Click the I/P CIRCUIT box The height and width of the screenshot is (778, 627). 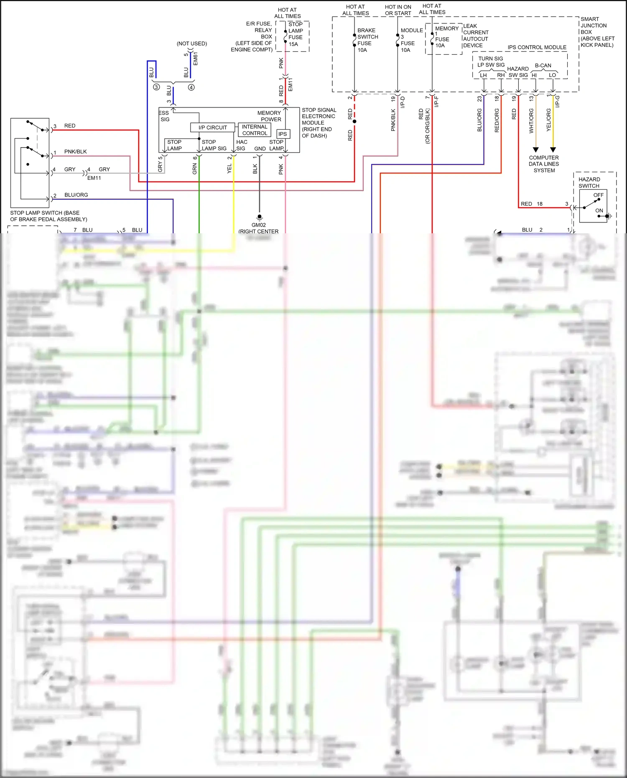(212, 128)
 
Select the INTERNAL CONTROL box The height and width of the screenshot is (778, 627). (254, 130)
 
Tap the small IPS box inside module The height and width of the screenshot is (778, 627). (283, 134)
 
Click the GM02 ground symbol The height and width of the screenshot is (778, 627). (259, 217)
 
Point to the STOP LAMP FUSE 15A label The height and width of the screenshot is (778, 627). (296, 34)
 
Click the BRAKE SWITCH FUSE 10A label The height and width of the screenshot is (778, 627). (367, 40)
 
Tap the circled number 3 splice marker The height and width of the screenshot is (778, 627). (156, 87)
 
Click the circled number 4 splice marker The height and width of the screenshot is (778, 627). (191, 87)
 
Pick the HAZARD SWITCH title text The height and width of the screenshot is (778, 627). (589, 182)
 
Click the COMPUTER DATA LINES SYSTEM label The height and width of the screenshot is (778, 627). (544, 164)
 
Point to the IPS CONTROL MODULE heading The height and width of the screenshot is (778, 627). (537, 47)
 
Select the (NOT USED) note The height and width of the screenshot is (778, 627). (191, 43)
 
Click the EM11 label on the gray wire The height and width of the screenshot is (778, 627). (94, 178)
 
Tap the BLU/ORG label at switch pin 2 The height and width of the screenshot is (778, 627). (76, 195)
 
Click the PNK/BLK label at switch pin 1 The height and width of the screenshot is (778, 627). (75, 151)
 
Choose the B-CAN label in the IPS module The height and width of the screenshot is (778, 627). (543, 66)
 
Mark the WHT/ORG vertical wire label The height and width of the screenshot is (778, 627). (531, 121)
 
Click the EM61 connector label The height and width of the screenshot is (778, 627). (196, 59)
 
